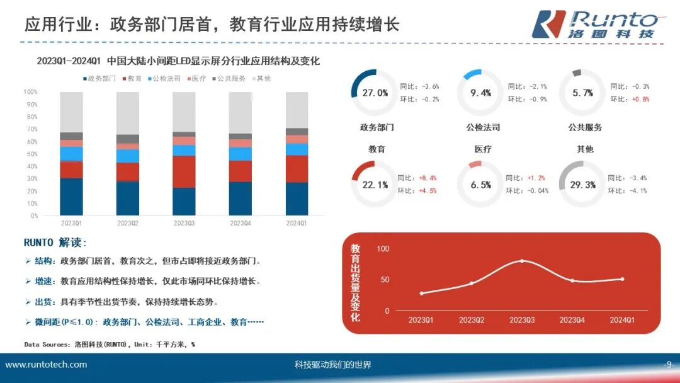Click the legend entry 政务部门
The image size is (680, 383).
(x=99, y=79)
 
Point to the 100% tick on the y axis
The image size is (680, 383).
(x=31, y=92)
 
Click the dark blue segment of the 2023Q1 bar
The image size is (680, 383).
(x=71, y=197)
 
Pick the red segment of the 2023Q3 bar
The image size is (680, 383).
(x=184, y=171)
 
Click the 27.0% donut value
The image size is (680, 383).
(x=375, y=93)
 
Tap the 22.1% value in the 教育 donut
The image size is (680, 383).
(x=375, y=185)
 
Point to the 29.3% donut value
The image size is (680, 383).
(x=582, y=185)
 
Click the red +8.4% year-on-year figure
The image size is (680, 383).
(x=428, y=178)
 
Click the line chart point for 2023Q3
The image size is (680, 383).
(x=522, y=261)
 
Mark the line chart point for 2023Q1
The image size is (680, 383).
(x=421, y=294)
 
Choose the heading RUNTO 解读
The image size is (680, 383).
(x=55, y=243)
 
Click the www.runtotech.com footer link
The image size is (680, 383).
(x=46, y=365)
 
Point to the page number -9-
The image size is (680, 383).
(x=669, y=365)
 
